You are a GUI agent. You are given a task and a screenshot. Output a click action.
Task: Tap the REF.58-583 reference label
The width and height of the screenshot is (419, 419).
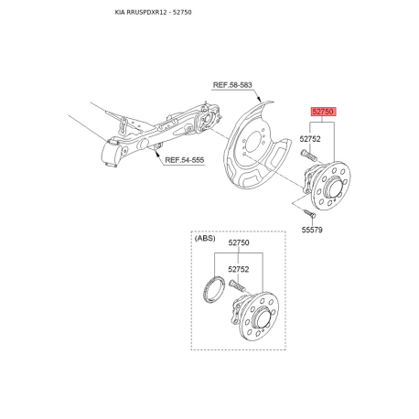[x=232, y=85]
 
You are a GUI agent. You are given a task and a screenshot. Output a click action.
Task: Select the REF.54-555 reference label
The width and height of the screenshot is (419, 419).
[x=185, y=159]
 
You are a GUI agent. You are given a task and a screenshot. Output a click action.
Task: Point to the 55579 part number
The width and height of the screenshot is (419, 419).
[x=313, y=231]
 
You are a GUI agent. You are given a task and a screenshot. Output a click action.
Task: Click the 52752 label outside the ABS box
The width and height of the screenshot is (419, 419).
[x=311, y=139]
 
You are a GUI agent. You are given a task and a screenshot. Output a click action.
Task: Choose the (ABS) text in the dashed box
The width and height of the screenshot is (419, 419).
[x=207, y=238]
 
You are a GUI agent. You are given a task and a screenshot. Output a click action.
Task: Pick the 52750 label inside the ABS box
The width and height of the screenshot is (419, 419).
[x=239, y=243]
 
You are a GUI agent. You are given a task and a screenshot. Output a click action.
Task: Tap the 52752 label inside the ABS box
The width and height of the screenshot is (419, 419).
[x=239, y=269]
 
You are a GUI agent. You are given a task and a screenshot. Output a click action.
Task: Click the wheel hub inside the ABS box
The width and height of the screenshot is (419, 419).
[x=260, y=316]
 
